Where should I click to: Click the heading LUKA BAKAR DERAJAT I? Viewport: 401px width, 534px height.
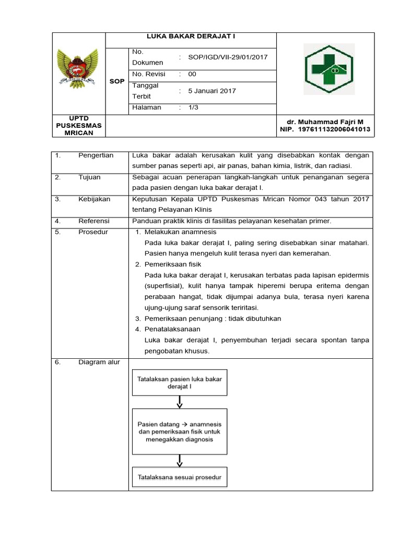191,37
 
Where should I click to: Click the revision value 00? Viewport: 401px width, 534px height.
192,74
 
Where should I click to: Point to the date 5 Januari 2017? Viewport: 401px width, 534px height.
212,91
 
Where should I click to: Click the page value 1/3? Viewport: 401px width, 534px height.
193,107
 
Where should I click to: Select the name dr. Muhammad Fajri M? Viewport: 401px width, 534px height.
325,121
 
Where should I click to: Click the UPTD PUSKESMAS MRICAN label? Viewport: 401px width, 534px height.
78,126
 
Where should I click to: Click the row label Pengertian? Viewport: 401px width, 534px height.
96,155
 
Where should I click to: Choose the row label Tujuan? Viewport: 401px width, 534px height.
89,177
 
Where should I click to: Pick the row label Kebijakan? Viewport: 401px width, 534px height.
93,199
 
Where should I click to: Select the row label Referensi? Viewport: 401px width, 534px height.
93,221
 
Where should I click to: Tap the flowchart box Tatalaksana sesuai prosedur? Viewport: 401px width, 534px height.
180,477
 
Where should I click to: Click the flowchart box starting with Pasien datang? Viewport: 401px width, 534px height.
180,432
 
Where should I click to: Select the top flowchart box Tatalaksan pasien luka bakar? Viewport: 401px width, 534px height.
180,383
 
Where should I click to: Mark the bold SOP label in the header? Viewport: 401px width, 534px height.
116,82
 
